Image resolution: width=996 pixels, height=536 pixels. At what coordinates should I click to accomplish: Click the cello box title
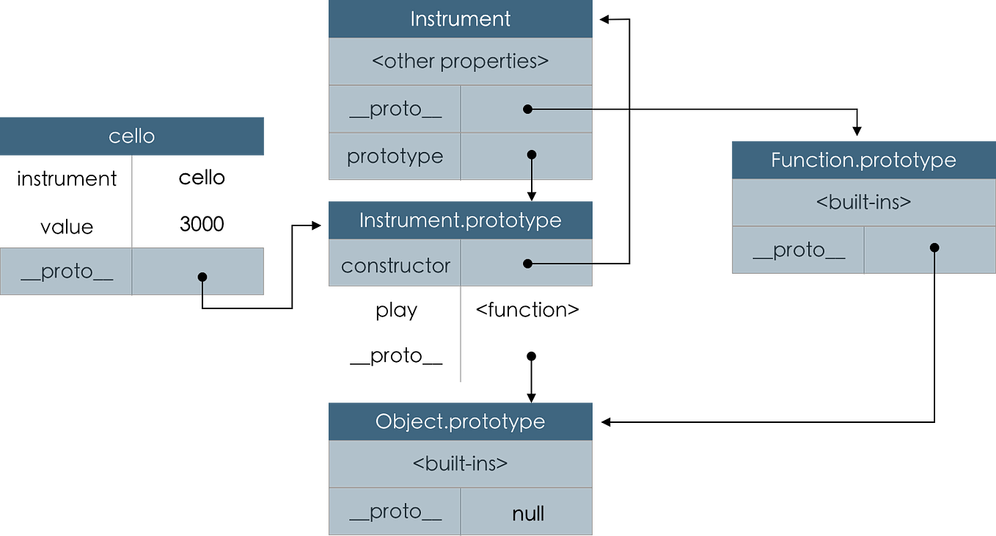tap(132, 137)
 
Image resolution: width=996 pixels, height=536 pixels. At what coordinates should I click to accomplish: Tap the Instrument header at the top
tap(460, 19)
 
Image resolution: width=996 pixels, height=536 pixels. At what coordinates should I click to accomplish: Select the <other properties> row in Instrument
tap(460, 61)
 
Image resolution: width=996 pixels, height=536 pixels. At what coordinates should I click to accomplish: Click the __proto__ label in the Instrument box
tap(395, 109)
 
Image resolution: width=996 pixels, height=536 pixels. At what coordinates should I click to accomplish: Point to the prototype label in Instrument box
tap(395, 156)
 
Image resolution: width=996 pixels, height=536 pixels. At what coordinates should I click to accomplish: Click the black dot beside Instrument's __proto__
tap(527, 109)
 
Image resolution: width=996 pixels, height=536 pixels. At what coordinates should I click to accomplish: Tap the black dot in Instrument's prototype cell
tap(532, 155)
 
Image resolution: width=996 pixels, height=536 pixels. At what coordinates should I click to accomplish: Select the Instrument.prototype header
tap(460, 220)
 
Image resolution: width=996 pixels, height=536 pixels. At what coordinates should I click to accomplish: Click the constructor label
tap(395, 265)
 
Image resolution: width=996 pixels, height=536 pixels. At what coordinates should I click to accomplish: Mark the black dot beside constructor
tap(527, 263)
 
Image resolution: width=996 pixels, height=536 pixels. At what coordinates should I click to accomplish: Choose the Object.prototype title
tap(460, 421)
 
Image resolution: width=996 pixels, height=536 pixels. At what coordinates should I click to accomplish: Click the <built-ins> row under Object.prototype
tap(460, 464)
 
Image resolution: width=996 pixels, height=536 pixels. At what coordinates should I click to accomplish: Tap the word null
tap(528, 513)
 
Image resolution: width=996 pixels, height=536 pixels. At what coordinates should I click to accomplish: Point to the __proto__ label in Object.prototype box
tap(395, 513)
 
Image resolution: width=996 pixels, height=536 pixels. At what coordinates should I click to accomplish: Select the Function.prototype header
tap(863, 160)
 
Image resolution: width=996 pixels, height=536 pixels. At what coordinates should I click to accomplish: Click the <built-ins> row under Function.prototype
tap(863, 202)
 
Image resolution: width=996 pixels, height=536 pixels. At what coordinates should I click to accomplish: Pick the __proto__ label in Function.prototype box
tap(799, 250)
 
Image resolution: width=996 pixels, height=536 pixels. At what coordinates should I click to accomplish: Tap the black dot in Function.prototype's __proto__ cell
tap(934, 247)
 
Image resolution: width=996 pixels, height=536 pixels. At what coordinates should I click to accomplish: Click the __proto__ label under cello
tap(67, 272)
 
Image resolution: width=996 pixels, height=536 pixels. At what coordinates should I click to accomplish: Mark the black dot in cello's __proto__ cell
tap(202, 278)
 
